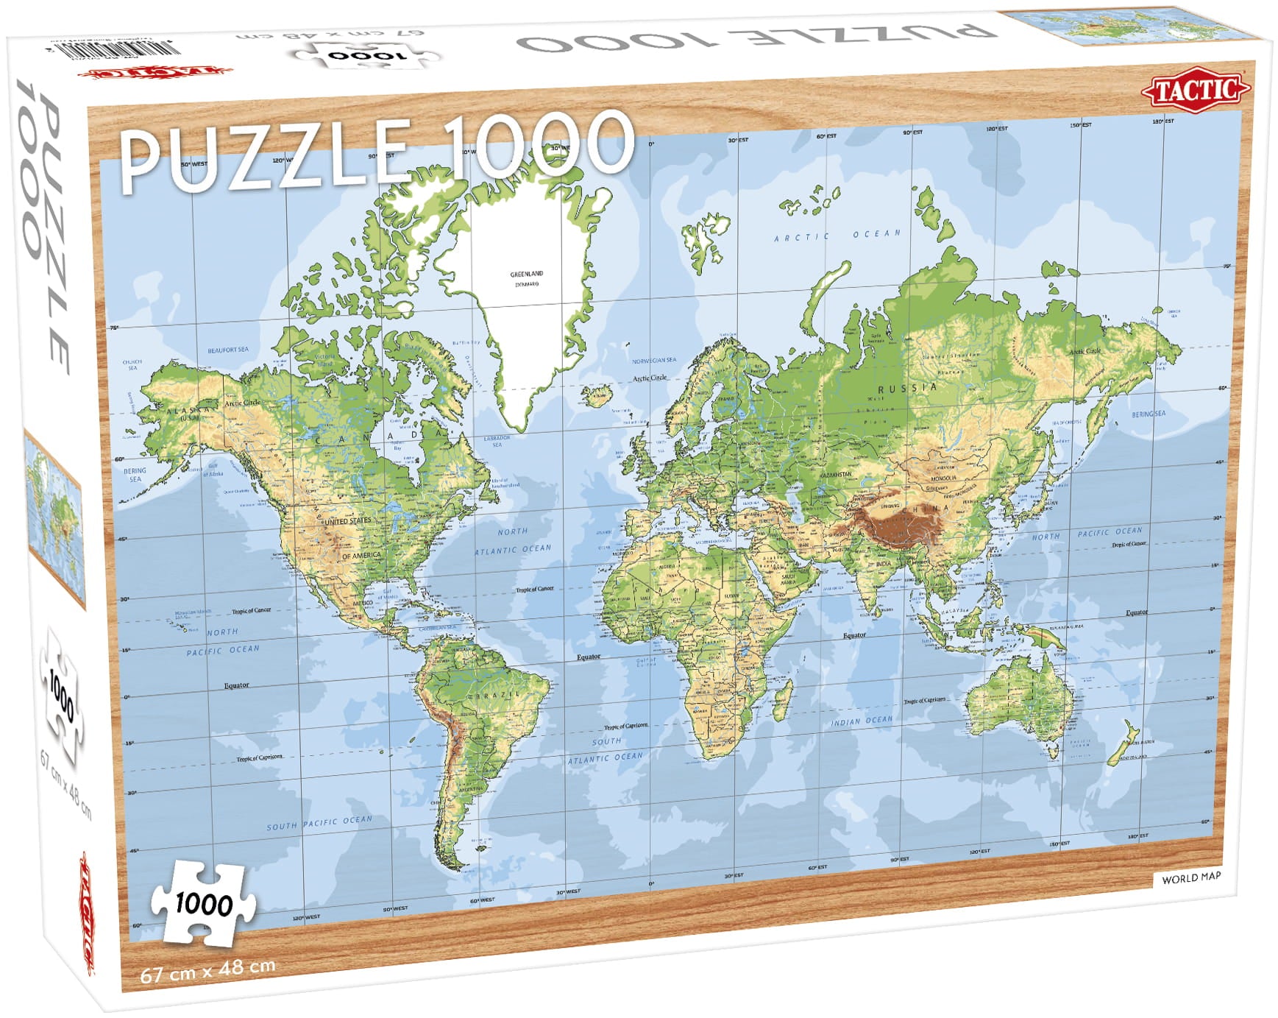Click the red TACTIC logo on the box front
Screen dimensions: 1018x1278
pos(1195,91)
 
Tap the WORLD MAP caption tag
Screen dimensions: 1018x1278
pos(1190,877)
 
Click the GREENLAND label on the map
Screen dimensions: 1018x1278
pos(527,274)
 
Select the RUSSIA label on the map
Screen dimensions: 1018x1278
pos(907,387)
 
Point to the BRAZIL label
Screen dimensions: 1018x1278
pos(499,695)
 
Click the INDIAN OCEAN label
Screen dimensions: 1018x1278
pos(862,721)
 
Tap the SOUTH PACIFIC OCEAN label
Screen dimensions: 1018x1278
pos(319,823)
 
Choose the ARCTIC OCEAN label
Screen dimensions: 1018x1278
pos(837,236)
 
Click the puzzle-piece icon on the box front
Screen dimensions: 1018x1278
pos(204,903)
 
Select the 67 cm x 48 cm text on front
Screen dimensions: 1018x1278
pos(207,969)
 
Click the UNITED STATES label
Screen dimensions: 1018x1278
pos(347,521)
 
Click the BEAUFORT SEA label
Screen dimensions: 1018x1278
pos(228,350)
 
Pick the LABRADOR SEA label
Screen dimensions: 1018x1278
pos(497,441)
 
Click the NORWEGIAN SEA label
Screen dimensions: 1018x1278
pos(654,361)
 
